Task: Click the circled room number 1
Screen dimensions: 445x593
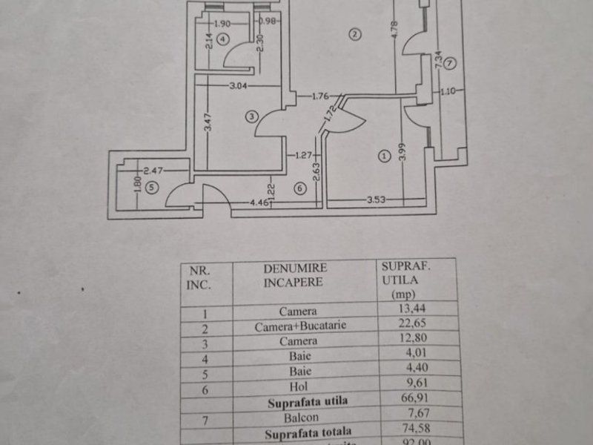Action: coord(383,156)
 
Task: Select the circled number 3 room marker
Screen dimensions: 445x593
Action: coord(253,116)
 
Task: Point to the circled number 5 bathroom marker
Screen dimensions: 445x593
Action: coord(152,188)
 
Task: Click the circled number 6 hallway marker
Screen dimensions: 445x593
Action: coord(299,188)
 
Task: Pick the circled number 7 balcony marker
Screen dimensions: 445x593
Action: coord(451,63)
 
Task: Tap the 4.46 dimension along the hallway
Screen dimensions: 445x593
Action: coord(259,201)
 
